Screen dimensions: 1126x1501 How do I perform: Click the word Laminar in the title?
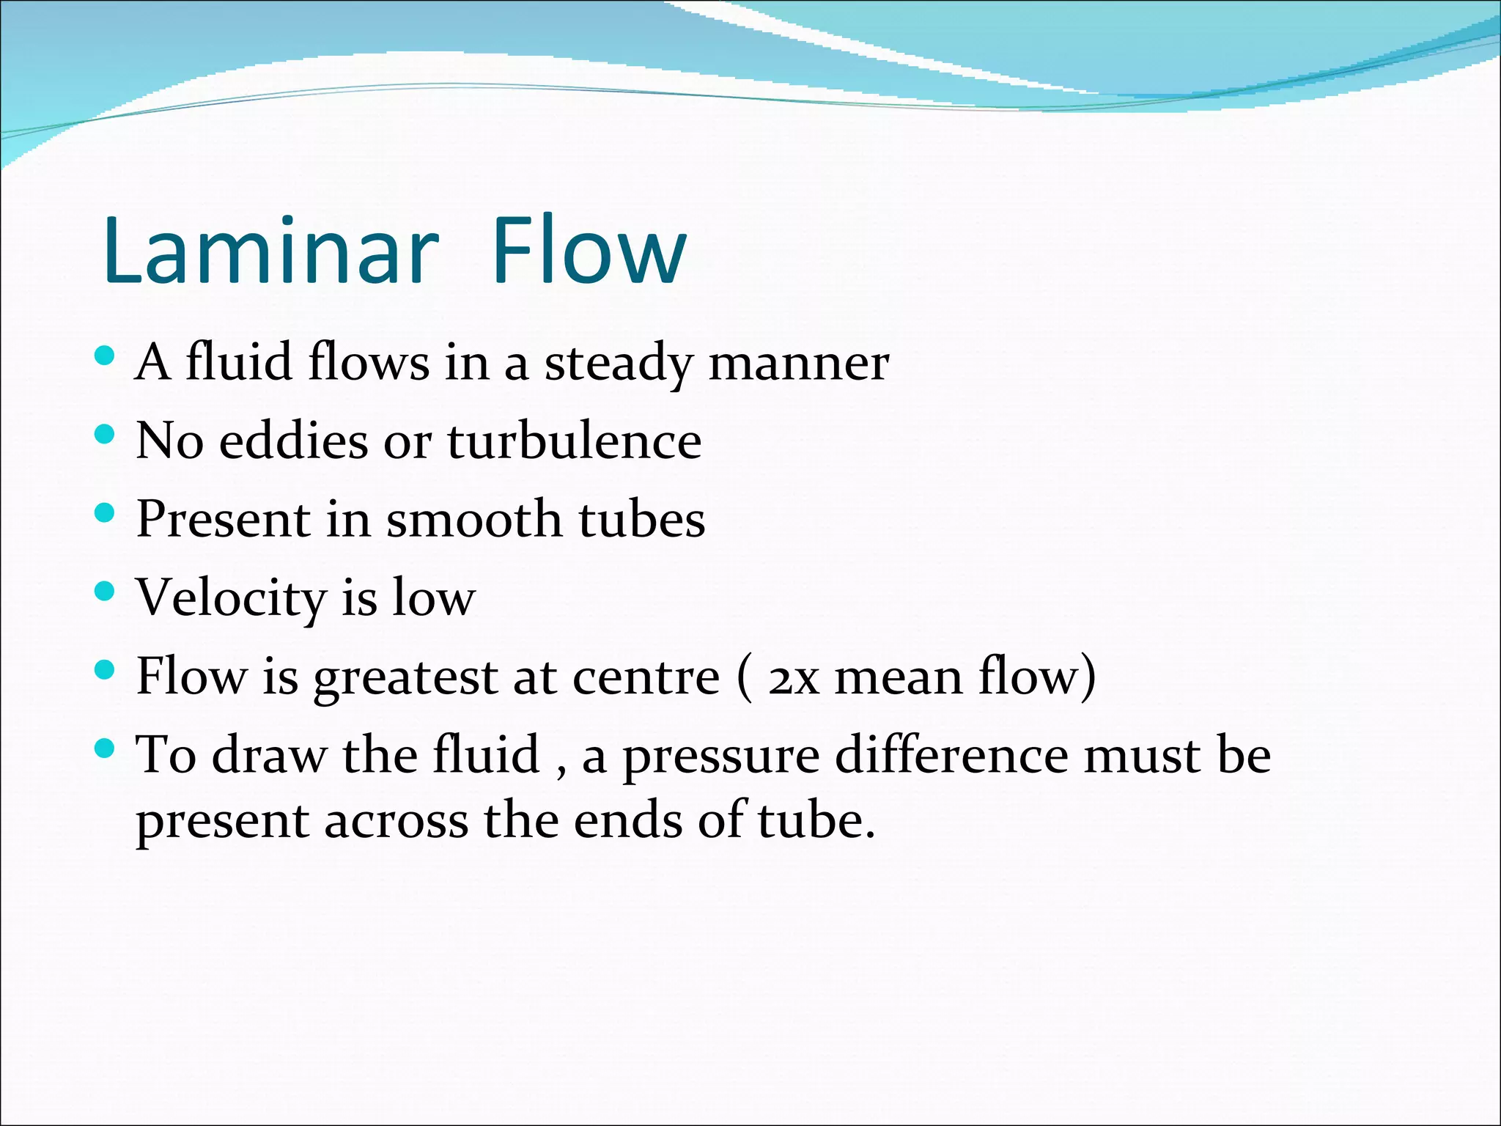[270, 251]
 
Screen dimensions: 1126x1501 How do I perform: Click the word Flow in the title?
[589, 251]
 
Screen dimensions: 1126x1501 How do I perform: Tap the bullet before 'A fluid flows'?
[106, 356]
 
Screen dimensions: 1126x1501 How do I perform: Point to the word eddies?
[293, 441]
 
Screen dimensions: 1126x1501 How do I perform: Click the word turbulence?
[575, 441]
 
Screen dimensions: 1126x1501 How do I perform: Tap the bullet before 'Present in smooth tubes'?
[106, 512]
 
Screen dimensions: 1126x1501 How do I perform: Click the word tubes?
[642, 520]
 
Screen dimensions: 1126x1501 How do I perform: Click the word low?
[434, 597]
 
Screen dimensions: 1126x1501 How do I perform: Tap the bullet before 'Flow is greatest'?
[106, 669]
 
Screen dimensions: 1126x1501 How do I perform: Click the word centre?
[646, 677]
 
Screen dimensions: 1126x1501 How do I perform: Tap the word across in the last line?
[396, 821]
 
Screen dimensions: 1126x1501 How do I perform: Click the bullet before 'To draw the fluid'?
[106, 748]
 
